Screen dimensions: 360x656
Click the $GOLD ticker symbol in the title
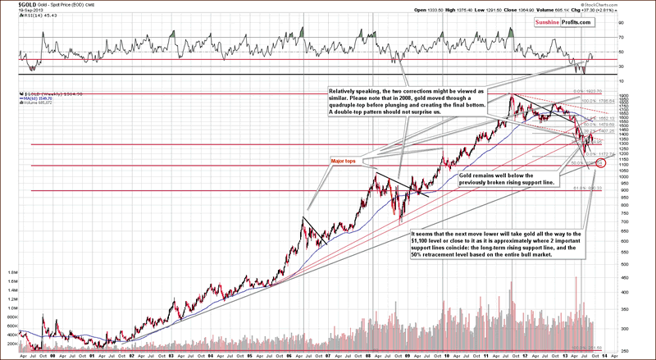[16, 5]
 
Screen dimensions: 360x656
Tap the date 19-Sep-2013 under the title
[17, 11]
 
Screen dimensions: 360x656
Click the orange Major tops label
[343, 160]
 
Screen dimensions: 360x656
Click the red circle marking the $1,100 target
[602, 164]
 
